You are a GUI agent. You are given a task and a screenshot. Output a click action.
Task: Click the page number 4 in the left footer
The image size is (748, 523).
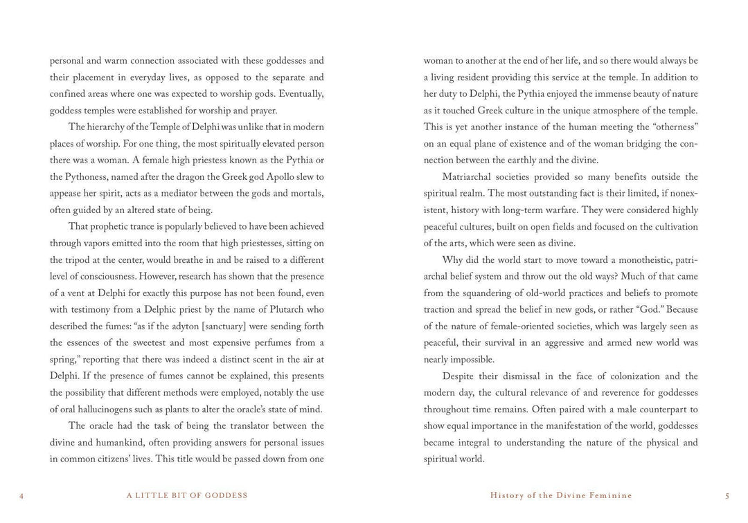[21, 496]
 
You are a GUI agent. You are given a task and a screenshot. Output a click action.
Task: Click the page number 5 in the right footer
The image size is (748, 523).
[727, 496]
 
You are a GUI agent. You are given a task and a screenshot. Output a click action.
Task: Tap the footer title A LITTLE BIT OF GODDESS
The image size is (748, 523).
[187, 496]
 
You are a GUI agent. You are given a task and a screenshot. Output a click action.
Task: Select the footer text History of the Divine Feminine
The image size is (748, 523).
[561, 496]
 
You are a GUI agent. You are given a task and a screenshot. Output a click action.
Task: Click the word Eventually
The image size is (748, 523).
[299, 94]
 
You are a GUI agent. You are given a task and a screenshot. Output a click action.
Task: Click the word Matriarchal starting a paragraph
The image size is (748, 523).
[472, 177]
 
